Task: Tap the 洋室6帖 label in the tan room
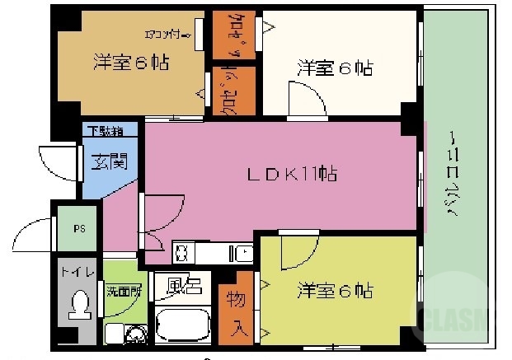[x=130, y=63]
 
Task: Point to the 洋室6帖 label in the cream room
[x=334, y=68]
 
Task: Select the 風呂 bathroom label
[x=184, y=286]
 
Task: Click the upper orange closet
[x=234, y=36]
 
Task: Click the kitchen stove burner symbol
[x=182, y=251]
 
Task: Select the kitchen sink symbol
[x=245, y=251]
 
